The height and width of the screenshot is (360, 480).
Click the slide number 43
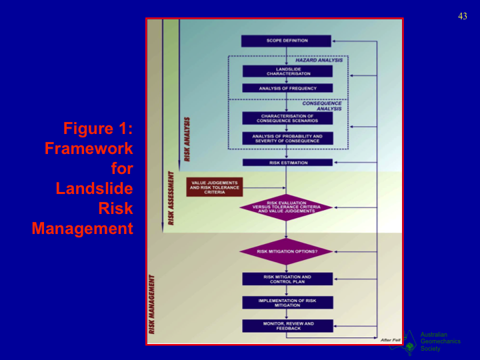click(463, 17)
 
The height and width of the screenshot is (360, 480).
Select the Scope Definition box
click(287, 41)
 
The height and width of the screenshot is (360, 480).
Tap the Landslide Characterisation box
click(287, 71)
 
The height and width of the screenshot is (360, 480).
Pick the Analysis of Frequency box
click(287, 88)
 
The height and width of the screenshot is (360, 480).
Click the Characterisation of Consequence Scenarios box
click(287, 118)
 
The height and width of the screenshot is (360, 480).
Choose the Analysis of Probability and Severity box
click(287, 138)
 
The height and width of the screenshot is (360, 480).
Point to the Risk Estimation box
click(287, 162)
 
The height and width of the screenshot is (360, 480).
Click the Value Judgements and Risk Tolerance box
click(214, 187)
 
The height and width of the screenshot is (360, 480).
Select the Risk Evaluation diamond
click(287, 207)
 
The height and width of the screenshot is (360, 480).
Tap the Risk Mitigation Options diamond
click(287, 251)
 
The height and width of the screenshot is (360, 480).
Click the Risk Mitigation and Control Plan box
click(287, 279)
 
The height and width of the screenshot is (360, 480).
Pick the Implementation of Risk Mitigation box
click(287, 302)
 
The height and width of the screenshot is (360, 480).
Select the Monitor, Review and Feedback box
click(287, 325)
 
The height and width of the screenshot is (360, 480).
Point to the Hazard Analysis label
click(319, 60)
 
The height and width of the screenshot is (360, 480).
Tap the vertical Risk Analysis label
click(187, 139)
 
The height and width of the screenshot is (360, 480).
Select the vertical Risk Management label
click(152, 303)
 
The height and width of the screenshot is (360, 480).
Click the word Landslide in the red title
click(94, 188)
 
